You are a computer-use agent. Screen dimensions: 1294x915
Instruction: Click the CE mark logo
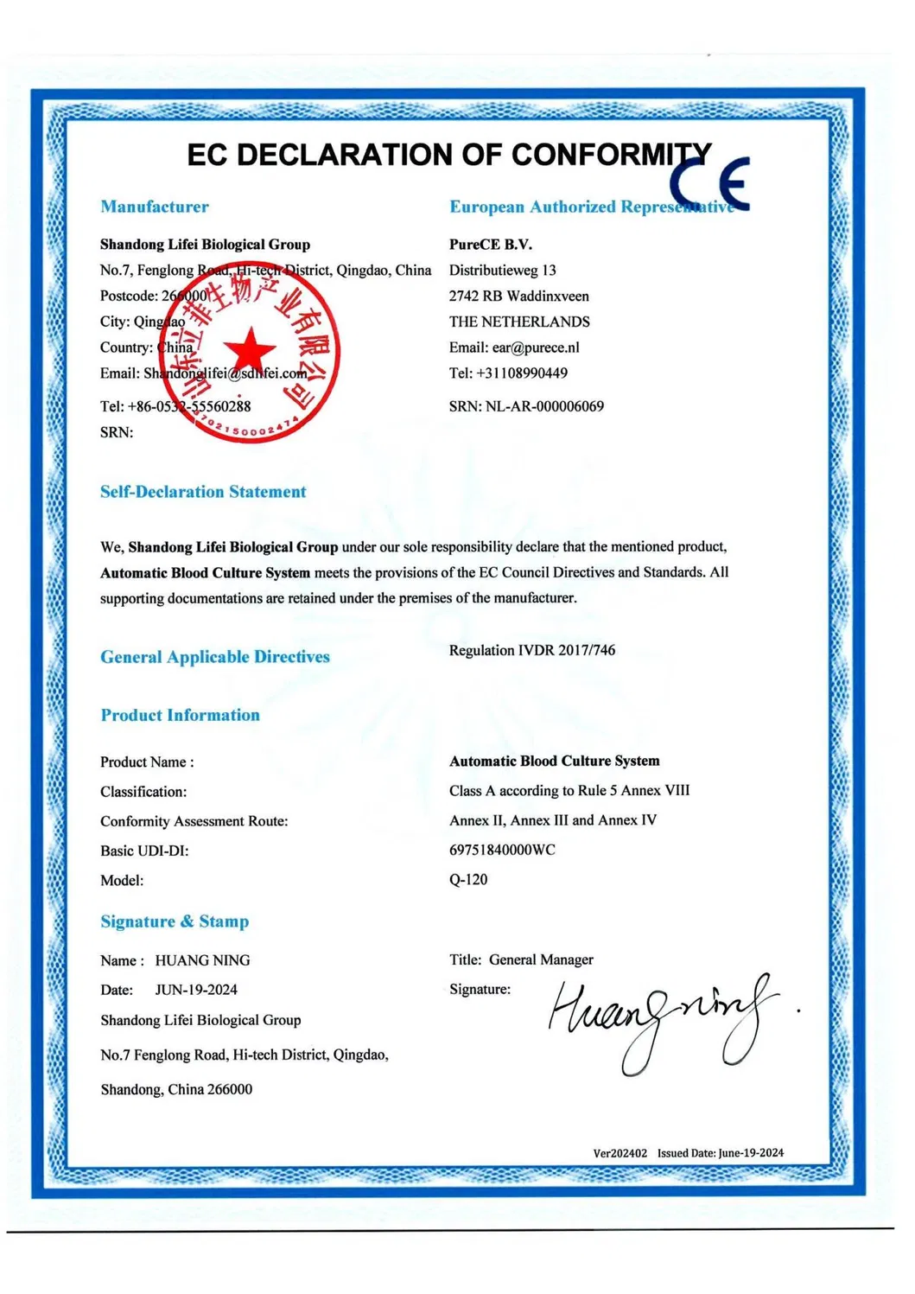(x=710, y=183)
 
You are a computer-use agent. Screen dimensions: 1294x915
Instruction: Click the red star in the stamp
(x=249, y=350)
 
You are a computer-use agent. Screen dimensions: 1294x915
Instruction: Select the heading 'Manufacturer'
(x=155, y=207)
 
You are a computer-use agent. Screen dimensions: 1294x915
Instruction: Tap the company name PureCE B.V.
(x=491, y=245)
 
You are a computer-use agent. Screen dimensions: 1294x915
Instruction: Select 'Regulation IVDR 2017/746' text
(x=532, y=650)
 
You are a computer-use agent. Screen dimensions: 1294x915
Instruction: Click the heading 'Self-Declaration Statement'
(x=203, y=492)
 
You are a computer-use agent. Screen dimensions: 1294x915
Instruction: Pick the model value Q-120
(x=468, y=879)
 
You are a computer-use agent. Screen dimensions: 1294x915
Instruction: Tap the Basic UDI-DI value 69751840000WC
(x=502, y=850)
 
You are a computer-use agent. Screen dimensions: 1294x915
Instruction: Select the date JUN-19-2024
(x=196, y=990)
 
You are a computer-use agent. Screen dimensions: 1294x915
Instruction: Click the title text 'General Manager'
(x=541, y=959)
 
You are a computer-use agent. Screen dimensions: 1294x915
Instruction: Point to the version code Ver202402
(x=620, y=1153)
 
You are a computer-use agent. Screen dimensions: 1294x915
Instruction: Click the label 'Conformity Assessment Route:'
(x=194, y=821)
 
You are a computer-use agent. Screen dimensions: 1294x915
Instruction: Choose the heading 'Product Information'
(x=180, y=715)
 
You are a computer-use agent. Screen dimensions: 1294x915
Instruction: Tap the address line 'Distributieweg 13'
(x=503, y=271)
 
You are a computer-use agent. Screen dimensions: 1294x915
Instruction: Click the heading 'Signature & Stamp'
(x=175, y=921)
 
